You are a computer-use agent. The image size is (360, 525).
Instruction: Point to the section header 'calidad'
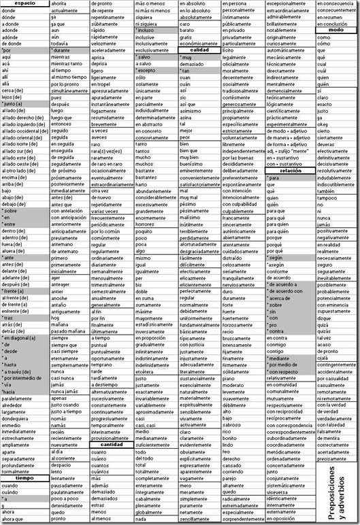coord(199,50)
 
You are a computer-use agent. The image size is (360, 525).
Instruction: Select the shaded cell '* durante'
coord(62,51)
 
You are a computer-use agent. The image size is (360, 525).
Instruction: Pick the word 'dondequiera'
coord(18,418)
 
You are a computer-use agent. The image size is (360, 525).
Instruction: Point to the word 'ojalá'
coord(324,358)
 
